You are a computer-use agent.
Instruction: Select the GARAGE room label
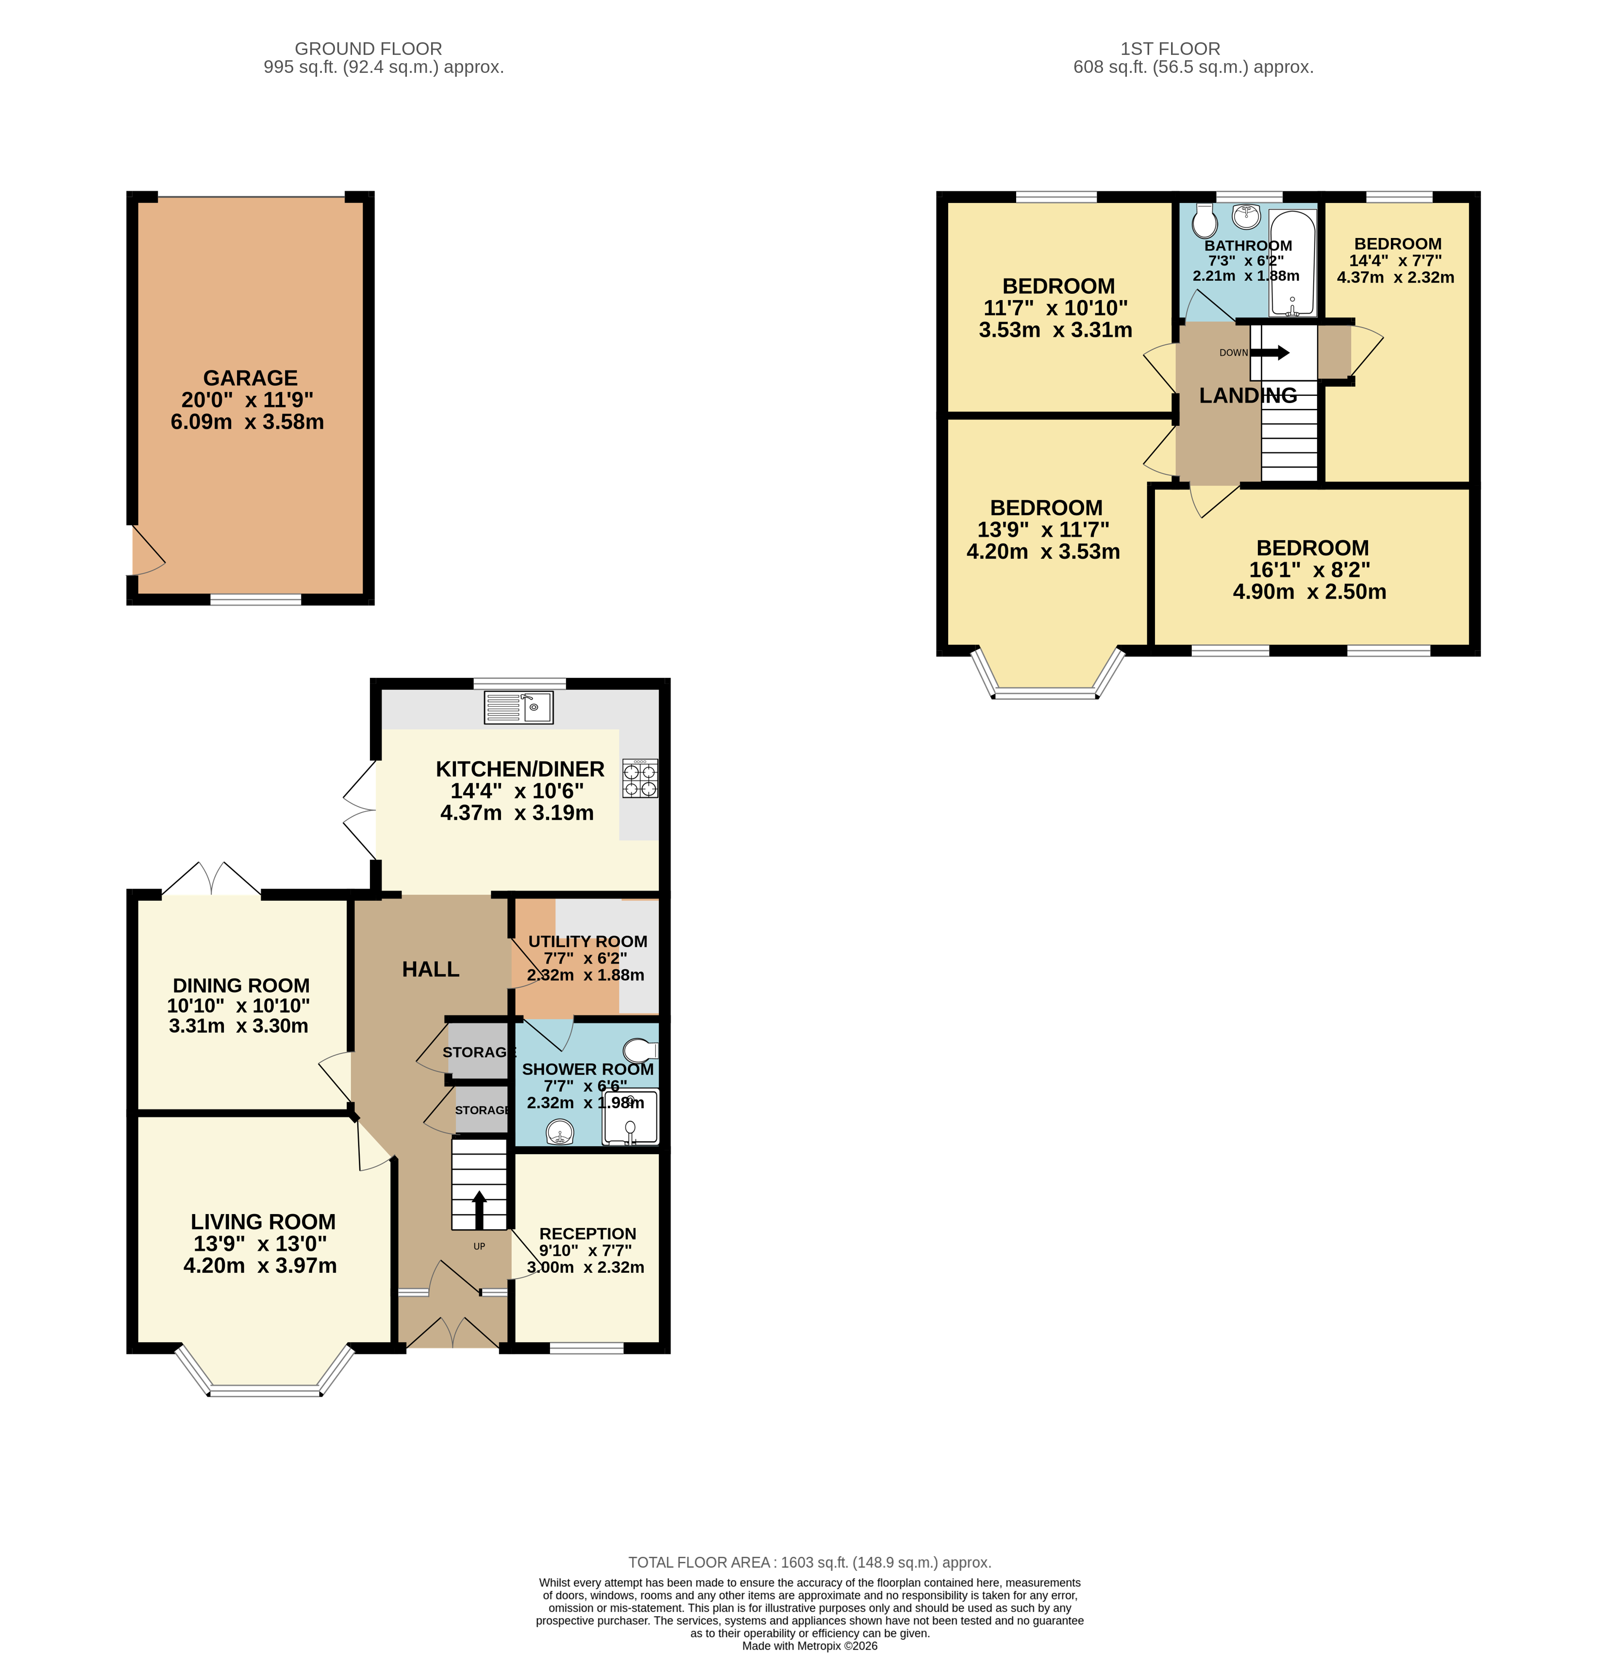250,378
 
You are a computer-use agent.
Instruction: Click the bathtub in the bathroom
1292,263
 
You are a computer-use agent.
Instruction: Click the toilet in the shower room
640,1050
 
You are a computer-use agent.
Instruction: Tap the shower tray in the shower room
630,1116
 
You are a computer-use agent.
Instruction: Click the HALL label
431,969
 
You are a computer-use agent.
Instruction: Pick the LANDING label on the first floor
1247,395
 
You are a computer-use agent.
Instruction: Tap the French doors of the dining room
211,880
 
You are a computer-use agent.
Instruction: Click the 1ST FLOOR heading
1170,49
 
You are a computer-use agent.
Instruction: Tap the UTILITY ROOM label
587,941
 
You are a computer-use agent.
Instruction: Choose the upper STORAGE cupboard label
478,1052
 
